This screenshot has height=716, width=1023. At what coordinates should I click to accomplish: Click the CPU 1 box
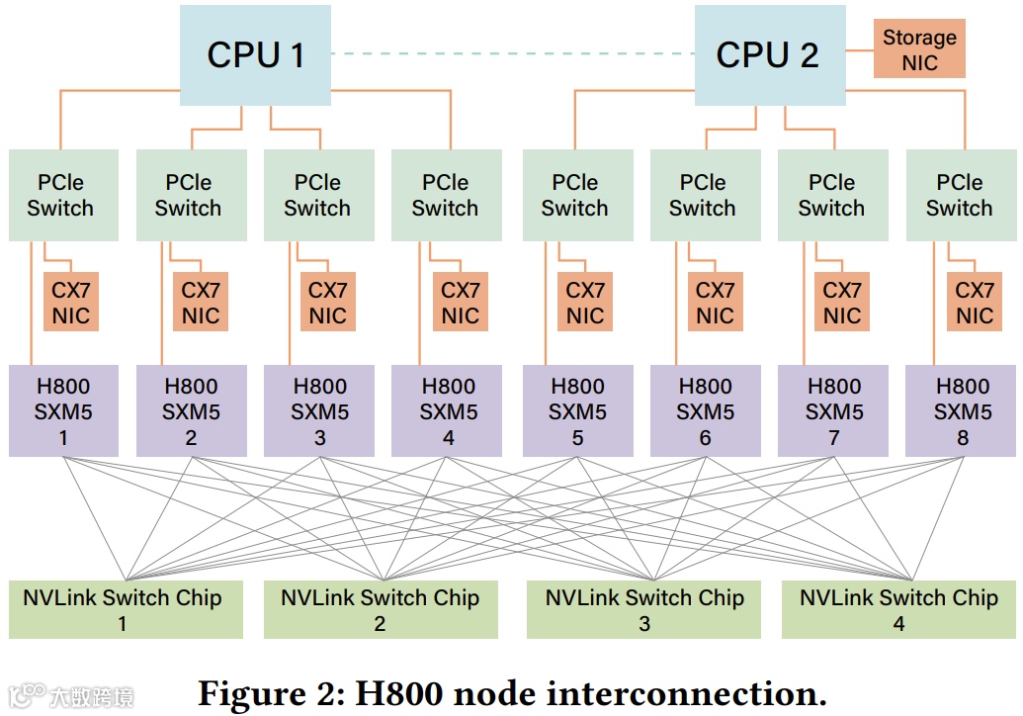[x=255, y=54]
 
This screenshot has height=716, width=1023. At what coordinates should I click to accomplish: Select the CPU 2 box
[x=769, y=54]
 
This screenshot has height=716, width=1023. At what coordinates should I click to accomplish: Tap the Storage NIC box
[x=919, y=49]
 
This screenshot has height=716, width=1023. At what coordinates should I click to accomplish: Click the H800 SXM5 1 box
[x=63, y=411]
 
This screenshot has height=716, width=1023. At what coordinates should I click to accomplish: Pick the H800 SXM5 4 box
[x=448, y=411]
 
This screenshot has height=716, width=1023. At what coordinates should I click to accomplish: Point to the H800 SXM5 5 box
[x=577, y=411]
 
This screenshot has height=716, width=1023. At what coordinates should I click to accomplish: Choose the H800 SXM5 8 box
[x=962, y=411]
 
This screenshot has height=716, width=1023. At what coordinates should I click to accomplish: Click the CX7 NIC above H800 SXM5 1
[x=70, y=303]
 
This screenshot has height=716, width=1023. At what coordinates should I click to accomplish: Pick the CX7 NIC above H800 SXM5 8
[x=974, y=303]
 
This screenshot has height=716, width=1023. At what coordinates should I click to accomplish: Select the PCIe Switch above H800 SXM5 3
[x=317, y=195]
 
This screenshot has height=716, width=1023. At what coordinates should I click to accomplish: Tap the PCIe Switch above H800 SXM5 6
[x=702, y=195]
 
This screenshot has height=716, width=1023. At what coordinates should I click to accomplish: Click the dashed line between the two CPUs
[x=512, y=53]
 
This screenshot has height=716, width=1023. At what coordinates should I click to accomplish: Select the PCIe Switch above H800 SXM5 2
[x=189, y=195]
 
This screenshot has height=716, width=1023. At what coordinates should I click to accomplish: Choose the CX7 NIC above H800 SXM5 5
[x=584, y=303]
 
